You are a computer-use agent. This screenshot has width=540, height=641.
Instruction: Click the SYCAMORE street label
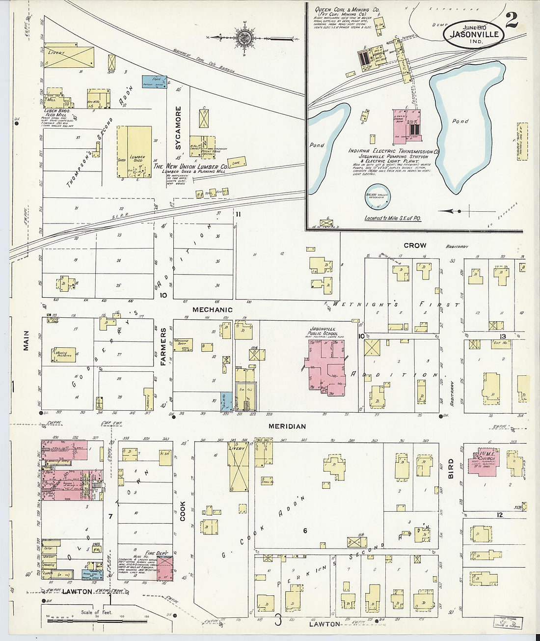[178, 128]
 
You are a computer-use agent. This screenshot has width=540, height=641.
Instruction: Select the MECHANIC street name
[212, 309]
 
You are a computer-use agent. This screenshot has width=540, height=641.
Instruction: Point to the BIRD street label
[450, 470]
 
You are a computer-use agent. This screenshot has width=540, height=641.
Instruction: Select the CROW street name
[415, 245]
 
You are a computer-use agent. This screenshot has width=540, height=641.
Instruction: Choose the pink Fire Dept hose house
[165, 569]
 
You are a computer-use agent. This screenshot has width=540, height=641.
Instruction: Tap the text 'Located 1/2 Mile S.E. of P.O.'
[393, 218]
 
